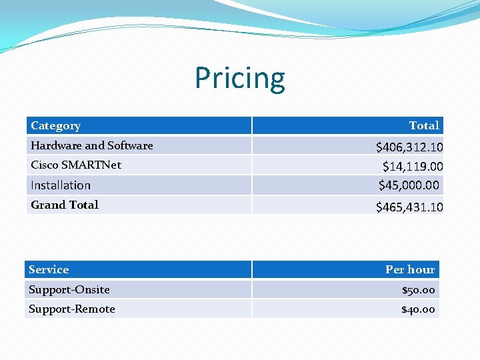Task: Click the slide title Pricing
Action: coord(240,78)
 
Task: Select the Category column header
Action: coord(55,125)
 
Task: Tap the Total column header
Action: coord(424,125)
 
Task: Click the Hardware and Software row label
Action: coord(91,145)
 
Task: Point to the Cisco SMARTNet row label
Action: coord(76,165)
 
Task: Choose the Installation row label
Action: coord(61,185)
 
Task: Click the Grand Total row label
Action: coord(64,205)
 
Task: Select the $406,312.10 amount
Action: coord(409,147)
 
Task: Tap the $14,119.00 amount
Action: coord(413,166)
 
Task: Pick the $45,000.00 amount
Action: coord(409,185)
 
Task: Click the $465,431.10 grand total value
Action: coord(409,207)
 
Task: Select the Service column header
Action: coord(49,269)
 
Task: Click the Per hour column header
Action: coord(410,269)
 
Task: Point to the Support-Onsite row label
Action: coord(69,289)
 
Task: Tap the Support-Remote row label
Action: coord(72,309)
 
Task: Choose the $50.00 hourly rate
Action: coord(418,290)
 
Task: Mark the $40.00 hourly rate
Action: coord(418,309)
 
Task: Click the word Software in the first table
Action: coord(130,145)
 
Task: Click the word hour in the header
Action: coord(421,269)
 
